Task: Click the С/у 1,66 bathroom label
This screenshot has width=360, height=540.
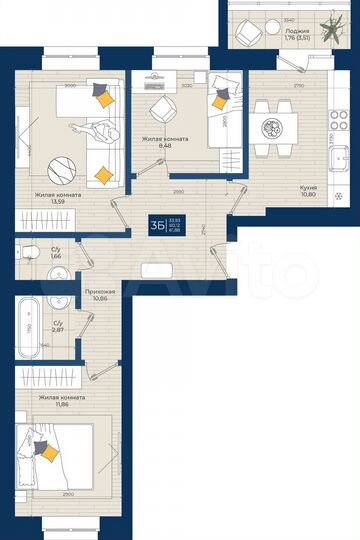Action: click(56, 255)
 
